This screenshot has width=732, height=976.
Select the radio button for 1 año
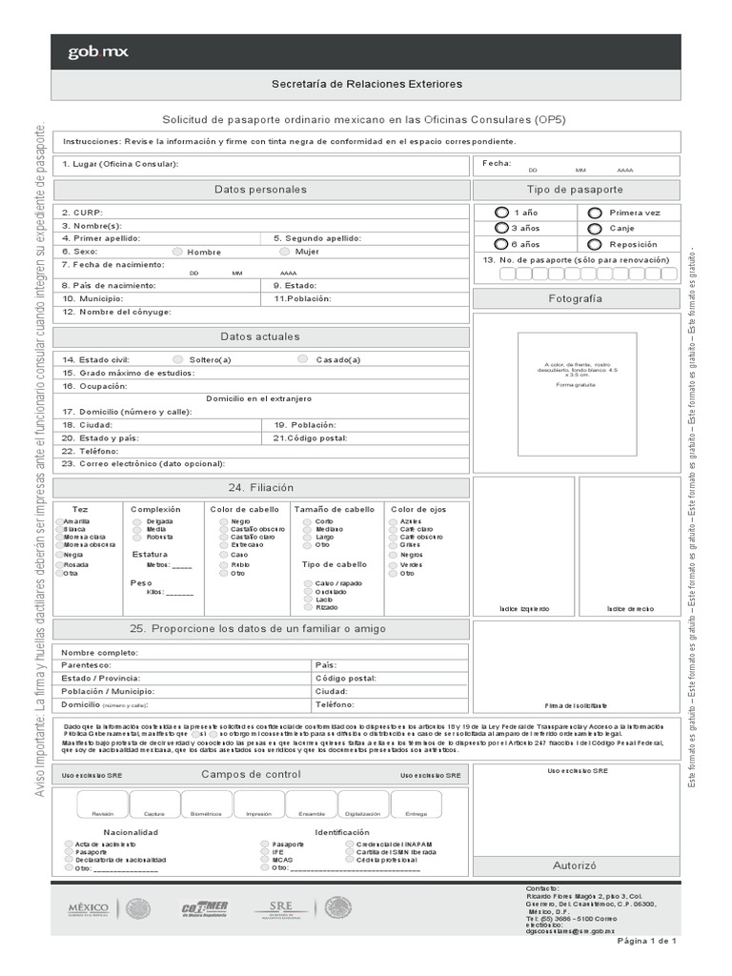[x=502, y=213]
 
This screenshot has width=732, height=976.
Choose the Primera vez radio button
[x=595, y=213]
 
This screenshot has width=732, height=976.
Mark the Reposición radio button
[x=595, y=244]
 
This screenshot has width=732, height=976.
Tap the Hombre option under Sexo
[x=177, y=252]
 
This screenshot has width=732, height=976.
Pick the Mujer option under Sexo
[x=285, y=252]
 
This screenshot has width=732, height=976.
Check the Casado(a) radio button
[x=302, y=359]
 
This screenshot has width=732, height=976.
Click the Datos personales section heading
[x=260, y=190]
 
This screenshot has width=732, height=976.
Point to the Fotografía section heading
[x=576, y=298]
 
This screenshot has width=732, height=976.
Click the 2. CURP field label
[x=81, y=213]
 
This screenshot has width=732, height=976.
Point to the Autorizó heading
[x=576, y=866]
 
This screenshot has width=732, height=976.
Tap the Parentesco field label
[x=86, y=664]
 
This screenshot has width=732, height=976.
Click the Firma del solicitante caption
[x=576, y=706]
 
